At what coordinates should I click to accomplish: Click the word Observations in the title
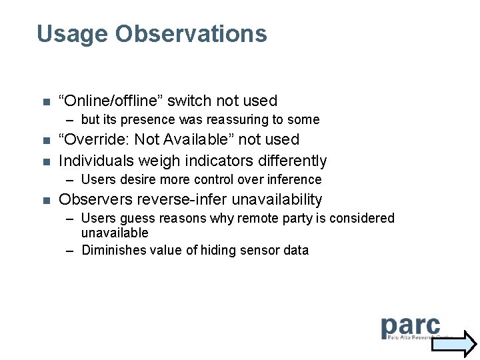click(191, 33)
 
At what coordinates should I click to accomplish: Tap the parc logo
click(411, 329)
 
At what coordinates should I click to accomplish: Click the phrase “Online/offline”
click(111, 101)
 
